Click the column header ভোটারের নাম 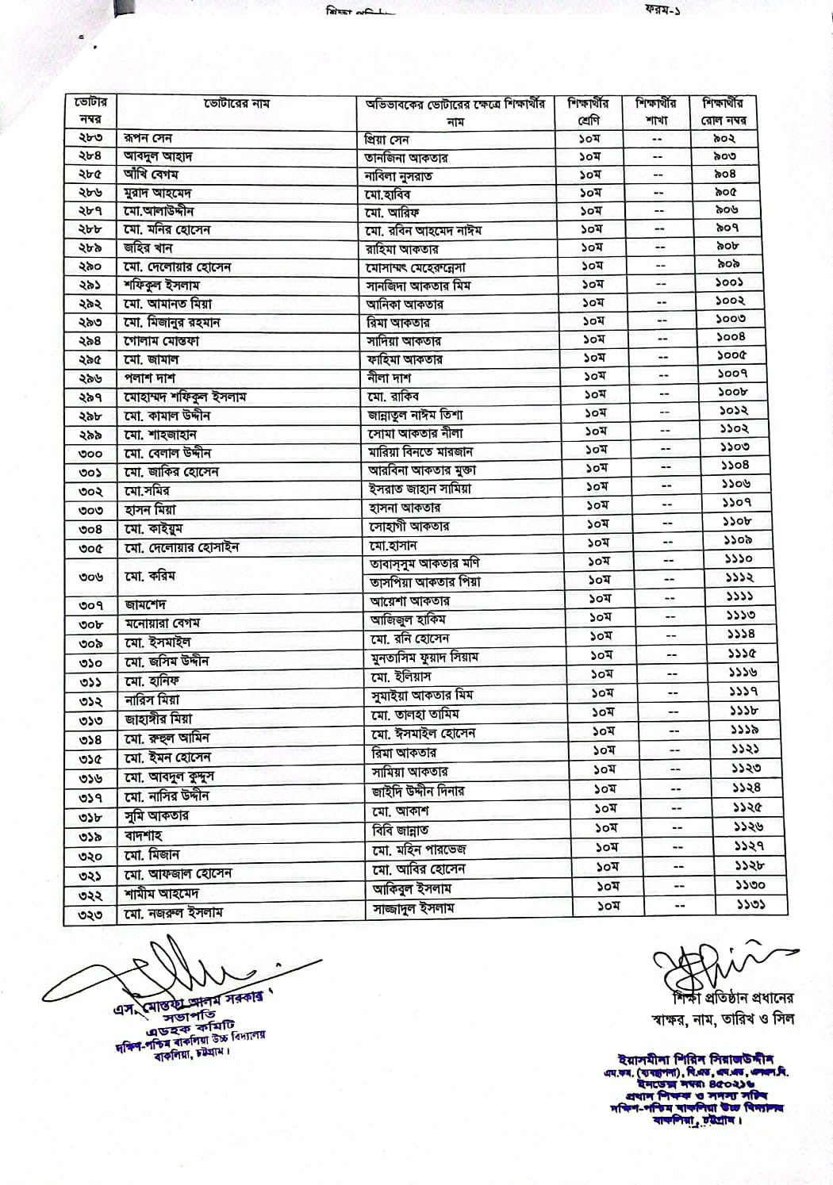pos(236,104)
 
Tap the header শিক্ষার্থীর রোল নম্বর pos(723,112)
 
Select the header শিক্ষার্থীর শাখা pos(655,112)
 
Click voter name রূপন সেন pos(148,138)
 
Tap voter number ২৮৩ pos(90,138)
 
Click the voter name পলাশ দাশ pos(150,378)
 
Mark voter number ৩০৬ pos(90,577)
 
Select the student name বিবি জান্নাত pos(401,830)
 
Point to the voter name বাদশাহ pos(144,836)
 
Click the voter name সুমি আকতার pos(156,815)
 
